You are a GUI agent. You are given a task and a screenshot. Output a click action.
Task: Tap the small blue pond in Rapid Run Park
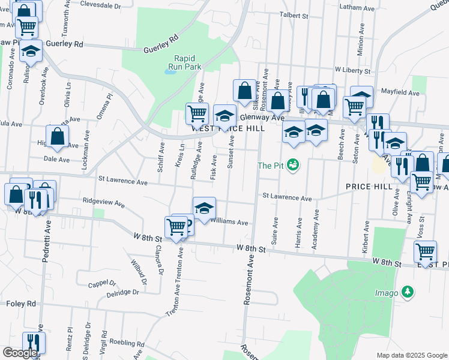pyautogui.click(x=170, y=71)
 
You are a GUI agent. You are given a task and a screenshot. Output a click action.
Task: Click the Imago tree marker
pyautogui.click(x=408, y=292)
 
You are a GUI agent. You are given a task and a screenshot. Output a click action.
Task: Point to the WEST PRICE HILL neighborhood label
pyautogui.click(x=228, y=128)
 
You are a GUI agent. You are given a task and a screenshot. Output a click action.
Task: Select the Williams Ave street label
pyautogui.click(x=229, y=222)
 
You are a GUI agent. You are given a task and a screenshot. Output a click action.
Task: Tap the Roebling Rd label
pyautogui.click(x=131, y=344)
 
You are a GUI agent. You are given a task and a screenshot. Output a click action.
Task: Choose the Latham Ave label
pyautogui.click(x=357, y=7)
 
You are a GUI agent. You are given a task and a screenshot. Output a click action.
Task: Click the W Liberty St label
pyautogui.click(x=354, y=70)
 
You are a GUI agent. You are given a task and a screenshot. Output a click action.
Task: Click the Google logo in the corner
pyautogui.click(x=20, y=352)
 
